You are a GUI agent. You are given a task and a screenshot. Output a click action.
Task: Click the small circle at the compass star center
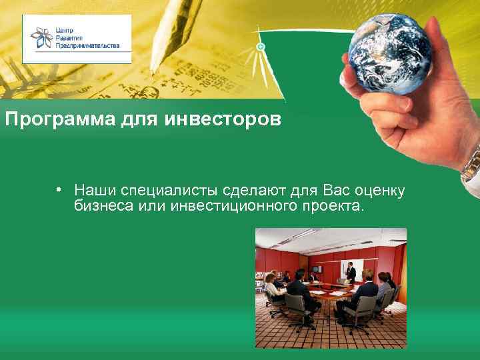261,47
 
